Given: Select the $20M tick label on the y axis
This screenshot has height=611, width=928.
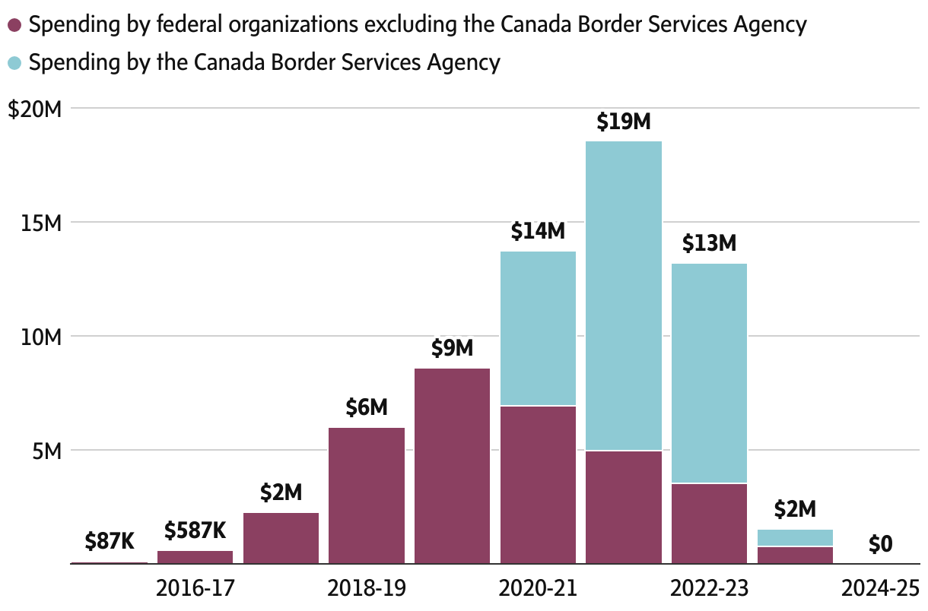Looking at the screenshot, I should tap(34, 109).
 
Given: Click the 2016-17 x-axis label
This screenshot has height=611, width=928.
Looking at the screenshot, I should tap(195, 588).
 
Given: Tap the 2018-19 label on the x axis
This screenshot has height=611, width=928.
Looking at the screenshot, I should tap(367, 588).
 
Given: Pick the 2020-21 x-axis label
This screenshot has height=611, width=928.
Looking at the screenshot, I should tap(538, 588).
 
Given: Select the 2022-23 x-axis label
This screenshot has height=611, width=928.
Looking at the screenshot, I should tap(710, 588).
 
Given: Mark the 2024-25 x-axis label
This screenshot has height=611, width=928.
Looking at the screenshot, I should tap(881, 588).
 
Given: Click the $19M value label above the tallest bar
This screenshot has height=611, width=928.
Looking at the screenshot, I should tap(624, 122).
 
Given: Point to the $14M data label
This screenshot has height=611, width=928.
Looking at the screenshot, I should tap(538, 231).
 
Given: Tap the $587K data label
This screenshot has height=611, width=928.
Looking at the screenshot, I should tap(195, 530).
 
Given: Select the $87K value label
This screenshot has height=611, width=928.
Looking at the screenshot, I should tap(110, 542).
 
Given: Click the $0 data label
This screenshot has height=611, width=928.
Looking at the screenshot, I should tap(880, 544).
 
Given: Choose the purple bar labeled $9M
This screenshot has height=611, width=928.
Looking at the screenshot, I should tap(452, 466).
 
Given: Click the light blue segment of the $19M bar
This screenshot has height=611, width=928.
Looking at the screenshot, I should tap(624, 296).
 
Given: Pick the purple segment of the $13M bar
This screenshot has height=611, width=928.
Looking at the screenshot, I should tap(709, 523).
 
